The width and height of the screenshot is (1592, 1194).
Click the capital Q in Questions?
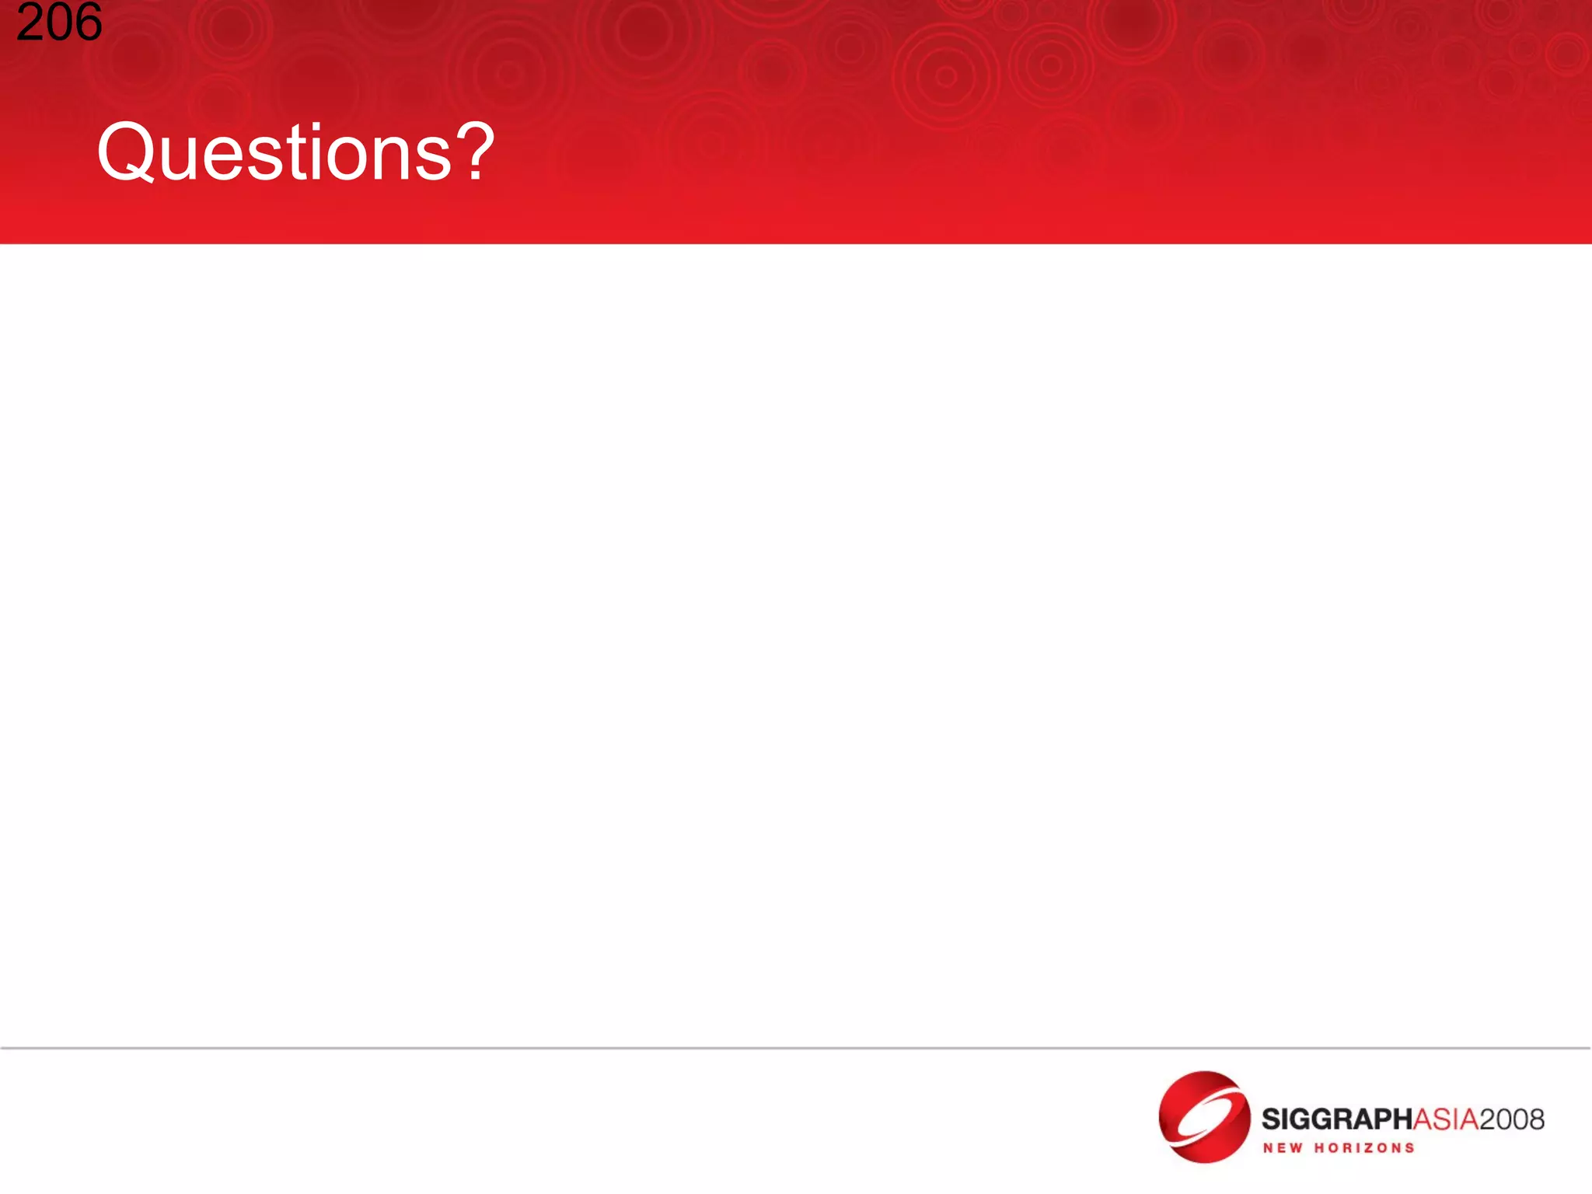tap(126, 152)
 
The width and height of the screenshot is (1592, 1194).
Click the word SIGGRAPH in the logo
tap(1335, 1119)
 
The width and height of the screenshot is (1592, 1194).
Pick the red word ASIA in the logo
tap(1444, 1119)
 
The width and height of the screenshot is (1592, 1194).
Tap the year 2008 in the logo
tap(1511, 1119)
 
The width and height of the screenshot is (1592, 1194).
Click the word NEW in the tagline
tap(1283, 1148)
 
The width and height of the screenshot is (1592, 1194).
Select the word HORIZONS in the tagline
tap(1364, 1148)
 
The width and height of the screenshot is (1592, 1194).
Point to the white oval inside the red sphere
tap(1203, 1116)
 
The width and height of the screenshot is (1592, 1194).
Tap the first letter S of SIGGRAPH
tap(1270, 1119)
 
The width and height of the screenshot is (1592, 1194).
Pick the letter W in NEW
tap(1296, 1148)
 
